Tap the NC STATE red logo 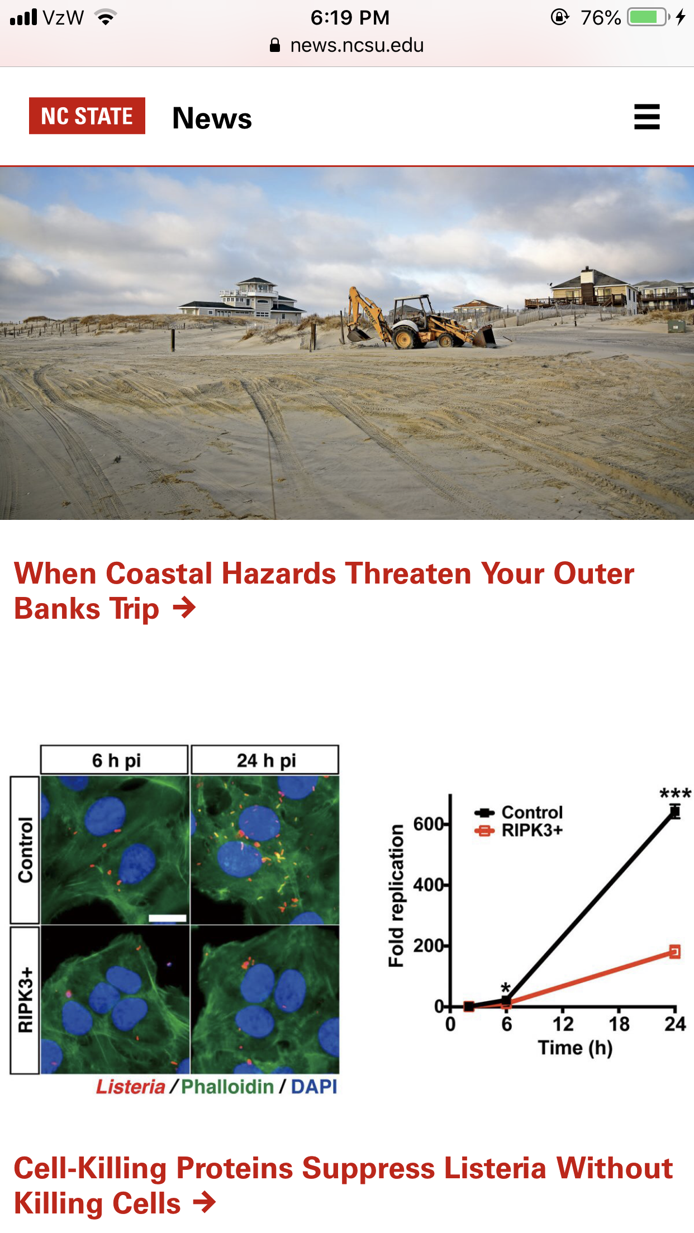pos(87,116)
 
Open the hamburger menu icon pos(647,117)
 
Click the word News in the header pos(212,118)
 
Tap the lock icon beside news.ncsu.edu pos(275,45)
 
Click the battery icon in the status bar pos(648,17)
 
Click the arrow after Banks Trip pos(184,608)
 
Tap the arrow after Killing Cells pos(204,1202)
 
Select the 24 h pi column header pos(265,760)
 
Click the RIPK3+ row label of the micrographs pos(25,1000)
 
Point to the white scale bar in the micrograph pos(168,917)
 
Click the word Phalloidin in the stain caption pos(228,1086)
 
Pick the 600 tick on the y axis pos(429,824)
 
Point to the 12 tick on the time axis pos(563,1023)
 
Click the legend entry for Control pos(519,813)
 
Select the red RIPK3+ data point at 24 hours pos(675,952)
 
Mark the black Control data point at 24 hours pos(675,812)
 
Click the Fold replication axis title pos(396,896)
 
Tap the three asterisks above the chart pos(675,793)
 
